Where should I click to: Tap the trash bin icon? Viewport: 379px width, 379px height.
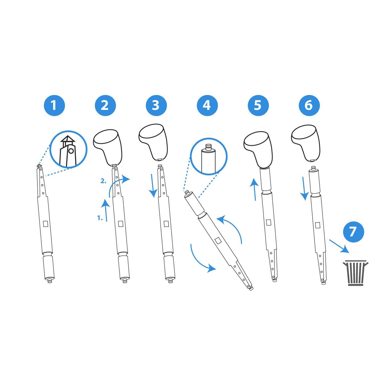point(356,273)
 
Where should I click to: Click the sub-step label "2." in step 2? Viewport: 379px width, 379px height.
point(104,181)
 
